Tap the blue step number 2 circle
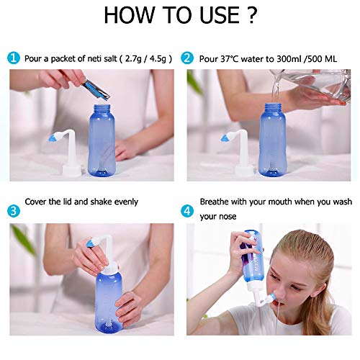[x=187, y=58]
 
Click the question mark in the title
[x=248, y=16]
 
